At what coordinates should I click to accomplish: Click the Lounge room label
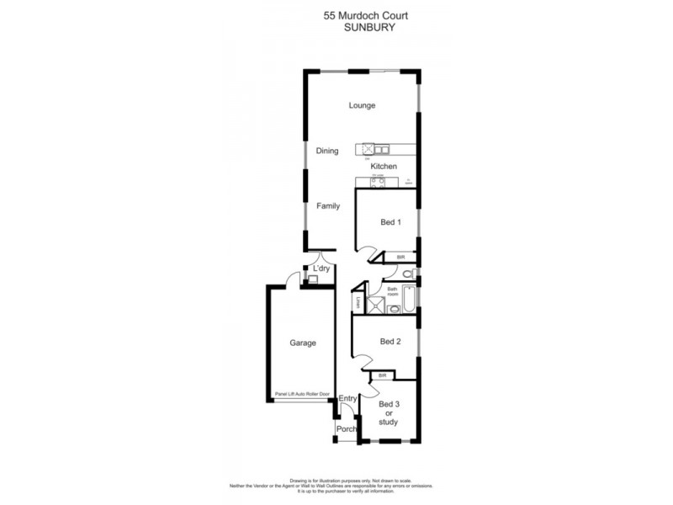(363, 105)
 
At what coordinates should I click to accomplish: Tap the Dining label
(327, 151)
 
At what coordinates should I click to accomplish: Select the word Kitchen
(384, 167)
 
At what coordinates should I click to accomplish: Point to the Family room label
(328, 205)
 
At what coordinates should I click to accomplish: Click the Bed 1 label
(390, 222)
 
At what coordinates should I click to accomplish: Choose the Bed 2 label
(389, 341)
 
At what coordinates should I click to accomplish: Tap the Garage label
(303, 343)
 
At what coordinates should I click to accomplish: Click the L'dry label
(321, 269)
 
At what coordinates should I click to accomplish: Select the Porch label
(346, 429)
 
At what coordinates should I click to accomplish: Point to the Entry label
(347, 399)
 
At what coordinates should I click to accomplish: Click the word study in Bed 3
(389, 422)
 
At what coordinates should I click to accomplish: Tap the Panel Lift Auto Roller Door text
(301, 393)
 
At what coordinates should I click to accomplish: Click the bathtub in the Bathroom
(409, 300)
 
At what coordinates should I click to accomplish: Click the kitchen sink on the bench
(376, 150)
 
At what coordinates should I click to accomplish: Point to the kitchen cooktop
(378, 182)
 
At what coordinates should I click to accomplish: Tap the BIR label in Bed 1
(401, 257)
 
